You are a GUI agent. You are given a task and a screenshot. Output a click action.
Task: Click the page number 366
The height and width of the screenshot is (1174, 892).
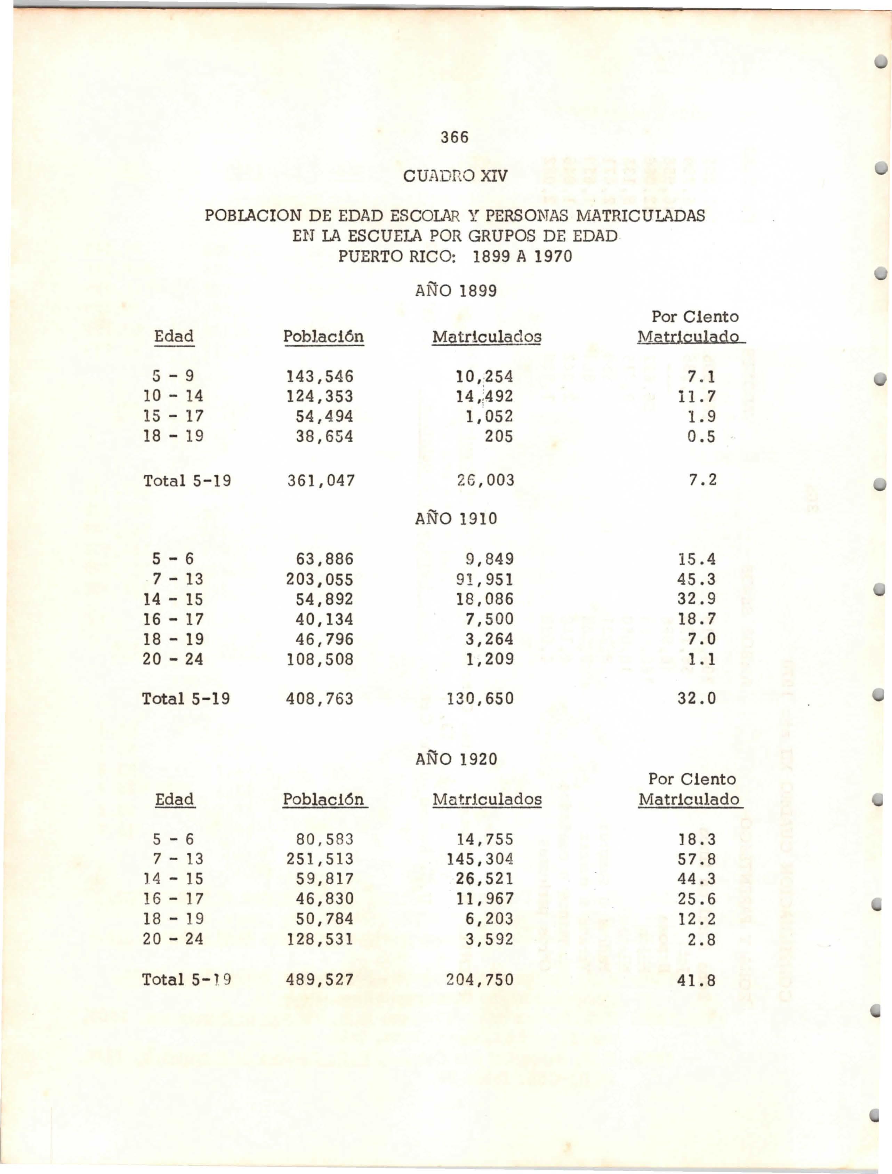pos(455,137)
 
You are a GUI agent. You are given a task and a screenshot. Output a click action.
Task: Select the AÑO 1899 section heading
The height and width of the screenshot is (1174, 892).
pos(456,291)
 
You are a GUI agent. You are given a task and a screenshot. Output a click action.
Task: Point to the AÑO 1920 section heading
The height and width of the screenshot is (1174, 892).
pos(456,759)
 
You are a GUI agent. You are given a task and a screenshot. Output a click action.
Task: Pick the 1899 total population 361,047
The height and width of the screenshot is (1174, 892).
pos(321,481)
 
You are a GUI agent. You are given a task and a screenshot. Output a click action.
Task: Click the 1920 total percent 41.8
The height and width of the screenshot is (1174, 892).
pos(697,980)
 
